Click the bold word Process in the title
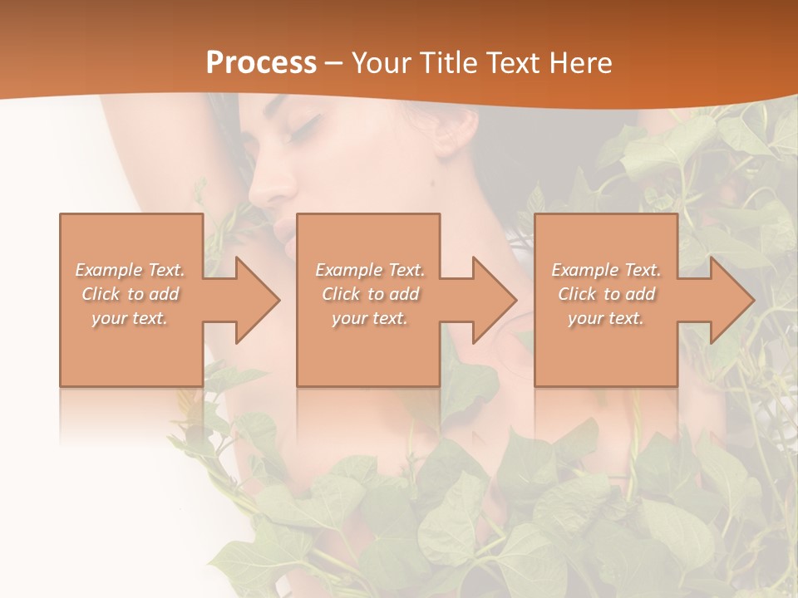[261, 63]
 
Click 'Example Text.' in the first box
[130, 270]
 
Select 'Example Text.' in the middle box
[370, 270]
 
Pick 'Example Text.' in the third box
[606, 270]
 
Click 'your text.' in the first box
[130, 318]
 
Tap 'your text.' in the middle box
[370, 318]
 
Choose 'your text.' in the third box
[606, 318]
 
